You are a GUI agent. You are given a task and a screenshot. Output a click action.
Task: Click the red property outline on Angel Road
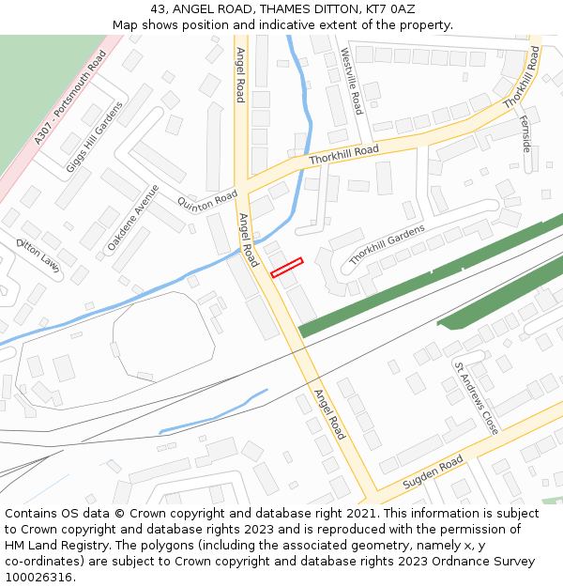(x=287, y=268)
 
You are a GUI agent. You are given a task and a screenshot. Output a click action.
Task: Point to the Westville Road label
(x=351, y=82)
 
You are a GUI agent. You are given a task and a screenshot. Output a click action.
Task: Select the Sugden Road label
(x=433, y=474)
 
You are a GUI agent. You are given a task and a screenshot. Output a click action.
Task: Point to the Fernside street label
(x=525, y=134)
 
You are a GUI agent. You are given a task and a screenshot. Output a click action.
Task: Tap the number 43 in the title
(x=159, y=8)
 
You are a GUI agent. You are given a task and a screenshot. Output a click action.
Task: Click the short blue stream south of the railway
(x=214, y=412)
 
